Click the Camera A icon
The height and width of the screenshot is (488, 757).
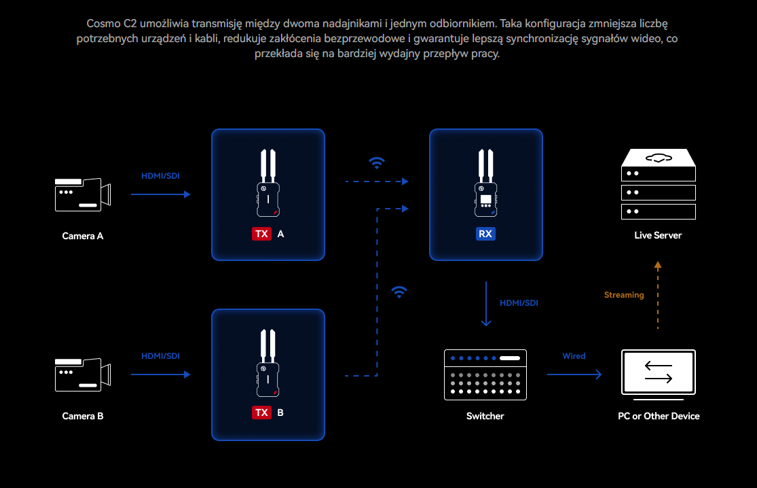click(82, 194)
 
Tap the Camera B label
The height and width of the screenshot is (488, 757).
click(83, 416)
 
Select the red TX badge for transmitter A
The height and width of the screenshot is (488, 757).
click(261, 234)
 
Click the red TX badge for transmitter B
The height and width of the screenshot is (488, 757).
click(261, 413)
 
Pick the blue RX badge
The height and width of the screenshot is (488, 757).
click(485, 234)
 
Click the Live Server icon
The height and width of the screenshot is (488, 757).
click(658, 185)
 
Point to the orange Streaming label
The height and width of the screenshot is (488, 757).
click(624, 295)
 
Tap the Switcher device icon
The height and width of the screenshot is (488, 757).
click(485, 374)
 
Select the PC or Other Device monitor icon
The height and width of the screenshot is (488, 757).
click(658, 373)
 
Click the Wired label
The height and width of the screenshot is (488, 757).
click(574, 356)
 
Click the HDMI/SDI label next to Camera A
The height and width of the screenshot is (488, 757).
click(161, 176)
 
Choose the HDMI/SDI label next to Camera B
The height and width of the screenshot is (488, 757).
click(161, 356)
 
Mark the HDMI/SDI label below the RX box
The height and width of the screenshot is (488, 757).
click(519, 303)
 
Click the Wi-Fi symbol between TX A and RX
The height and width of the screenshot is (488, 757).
click(376, 162)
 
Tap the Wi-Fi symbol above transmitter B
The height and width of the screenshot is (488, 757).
click(399, 292)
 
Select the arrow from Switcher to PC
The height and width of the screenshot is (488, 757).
click(574, 374)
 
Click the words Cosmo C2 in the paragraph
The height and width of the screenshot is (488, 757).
click(111, 24)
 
